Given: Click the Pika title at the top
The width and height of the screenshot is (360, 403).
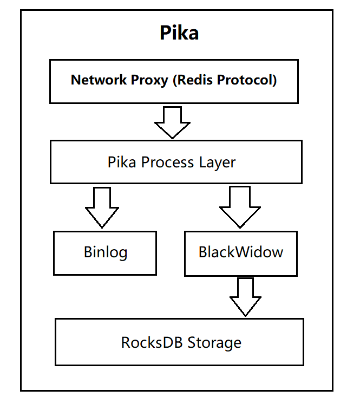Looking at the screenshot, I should (x=179, y=33).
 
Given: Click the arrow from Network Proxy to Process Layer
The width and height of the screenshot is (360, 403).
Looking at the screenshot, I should (x=172, y=122).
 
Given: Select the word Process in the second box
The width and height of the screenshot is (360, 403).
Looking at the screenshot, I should (x=165, y=162).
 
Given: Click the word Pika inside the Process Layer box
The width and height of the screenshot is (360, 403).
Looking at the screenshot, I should (x=121, y=162).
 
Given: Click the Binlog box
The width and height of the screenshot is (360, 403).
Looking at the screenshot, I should (x=105, y=252).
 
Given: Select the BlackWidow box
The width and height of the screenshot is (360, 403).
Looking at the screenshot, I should (x=240, y=252).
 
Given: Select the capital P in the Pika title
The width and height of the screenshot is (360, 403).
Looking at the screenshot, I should (x=165, y=33).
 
